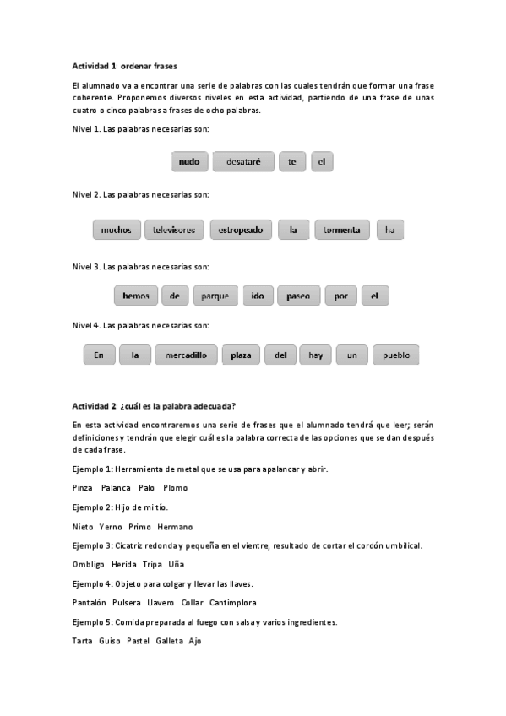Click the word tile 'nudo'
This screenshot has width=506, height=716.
(x=189, y=162)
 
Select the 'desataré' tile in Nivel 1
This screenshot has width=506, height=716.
(x=243, y=162)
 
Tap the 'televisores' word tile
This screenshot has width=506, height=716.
(x=175, y=230)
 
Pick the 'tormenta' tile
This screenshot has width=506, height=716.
(x=342, y=230)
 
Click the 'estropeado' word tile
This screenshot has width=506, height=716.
(x=241, y=230)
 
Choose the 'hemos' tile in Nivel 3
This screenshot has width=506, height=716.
(x=135, y=296)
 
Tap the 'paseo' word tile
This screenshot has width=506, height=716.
(x=298, y=296)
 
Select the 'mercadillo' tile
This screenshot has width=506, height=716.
(x=186, y=355)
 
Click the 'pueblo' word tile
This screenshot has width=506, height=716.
(x=395, y=355)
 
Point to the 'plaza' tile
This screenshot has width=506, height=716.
(x=241, y=355)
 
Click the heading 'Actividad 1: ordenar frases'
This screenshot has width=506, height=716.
(x=125, y=65)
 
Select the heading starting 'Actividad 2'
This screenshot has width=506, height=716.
(x=154, y=405)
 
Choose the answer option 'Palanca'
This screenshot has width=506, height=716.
(x=116, y=488)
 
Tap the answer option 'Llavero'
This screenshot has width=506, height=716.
(x=161, y=603)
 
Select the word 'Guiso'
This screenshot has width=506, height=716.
(x=109, y=641)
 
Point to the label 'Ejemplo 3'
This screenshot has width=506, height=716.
(x=91, y=545)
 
